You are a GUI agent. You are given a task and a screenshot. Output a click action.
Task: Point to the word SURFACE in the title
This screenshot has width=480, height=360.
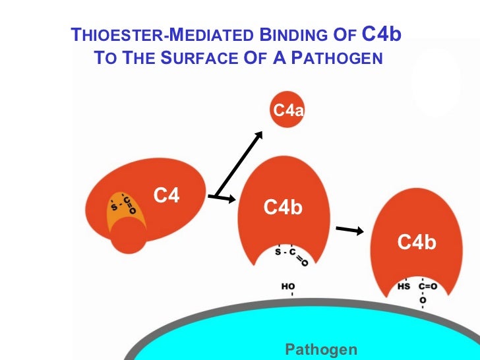click(187, 58)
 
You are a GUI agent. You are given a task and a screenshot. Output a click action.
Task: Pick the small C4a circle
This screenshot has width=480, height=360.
click(287, 111)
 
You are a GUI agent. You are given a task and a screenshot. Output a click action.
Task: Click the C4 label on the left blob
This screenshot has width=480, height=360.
click(167, 195)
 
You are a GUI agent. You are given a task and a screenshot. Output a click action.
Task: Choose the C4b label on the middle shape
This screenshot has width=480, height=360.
click(283, 208)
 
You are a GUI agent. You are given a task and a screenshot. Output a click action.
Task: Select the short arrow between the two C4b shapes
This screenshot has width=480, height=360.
click(349, 230)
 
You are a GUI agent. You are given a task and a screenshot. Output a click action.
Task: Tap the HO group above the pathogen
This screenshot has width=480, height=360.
click(288, 287)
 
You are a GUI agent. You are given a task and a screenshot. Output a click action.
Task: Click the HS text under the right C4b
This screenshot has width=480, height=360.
click(404, 287)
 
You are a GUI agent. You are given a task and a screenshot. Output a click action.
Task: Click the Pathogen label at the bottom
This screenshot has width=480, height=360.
click(321, 349)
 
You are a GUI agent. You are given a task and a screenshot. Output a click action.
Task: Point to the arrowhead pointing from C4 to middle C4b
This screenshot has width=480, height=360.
click(231, 199)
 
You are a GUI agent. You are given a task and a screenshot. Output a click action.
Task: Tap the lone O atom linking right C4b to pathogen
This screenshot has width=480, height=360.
click(423, 300)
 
